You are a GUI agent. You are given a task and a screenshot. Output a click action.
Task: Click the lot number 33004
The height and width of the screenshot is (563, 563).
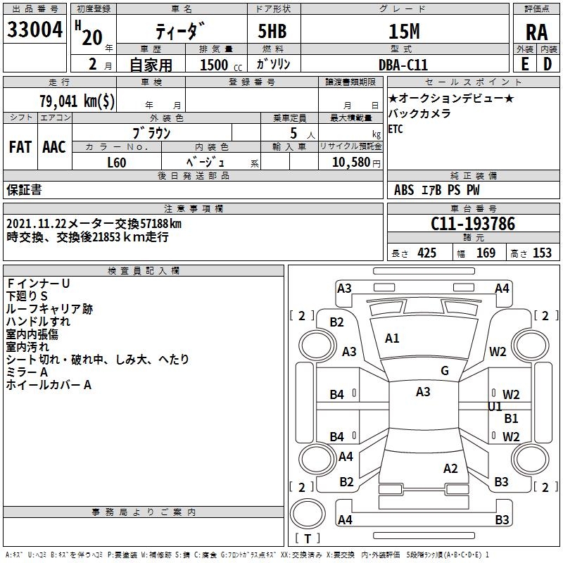[x=34, y=30]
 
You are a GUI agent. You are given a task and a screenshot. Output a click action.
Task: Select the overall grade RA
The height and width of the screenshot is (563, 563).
[x=536, y=32]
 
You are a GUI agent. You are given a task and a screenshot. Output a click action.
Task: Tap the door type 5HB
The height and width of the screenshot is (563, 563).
[x=272, y=31]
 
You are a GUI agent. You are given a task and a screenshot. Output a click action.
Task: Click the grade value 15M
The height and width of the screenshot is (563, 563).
[x=404, y=32]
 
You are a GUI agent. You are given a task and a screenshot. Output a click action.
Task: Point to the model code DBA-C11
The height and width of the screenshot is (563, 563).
[x=403, y=65]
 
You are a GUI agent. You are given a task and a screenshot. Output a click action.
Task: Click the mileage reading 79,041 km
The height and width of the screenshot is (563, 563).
[x=77, y=101]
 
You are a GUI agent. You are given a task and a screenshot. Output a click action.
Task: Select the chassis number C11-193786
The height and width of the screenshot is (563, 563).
[x=473, y=224]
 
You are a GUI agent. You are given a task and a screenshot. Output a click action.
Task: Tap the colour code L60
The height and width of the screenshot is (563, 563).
[x=117, y=163]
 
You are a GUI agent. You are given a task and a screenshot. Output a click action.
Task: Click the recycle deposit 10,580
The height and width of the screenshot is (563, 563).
[x=351, y=163]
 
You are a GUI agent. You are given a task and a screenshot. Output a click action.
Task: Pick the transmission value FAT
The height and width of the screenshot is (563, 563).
[x=20, y=147]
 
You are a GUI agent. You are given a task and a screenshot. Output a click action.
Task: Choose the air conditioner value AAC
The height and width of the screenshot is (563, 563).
[x=54, y=147]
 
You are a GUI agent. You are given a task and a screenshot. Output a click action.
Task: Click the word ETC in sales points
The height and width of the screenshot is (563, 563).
[x=396, y=129]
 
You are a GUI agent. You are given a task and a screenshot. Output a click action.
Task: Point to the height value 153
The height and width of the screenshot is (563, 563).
[x=542, y=253]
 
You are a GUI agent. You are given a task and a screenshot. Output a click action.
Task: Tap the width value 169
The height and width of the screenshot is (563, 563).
[x=486, y=253]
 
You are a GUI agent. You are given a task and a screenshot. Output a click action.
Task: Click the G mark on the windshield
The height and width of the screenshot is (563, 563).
[x=445, y=371]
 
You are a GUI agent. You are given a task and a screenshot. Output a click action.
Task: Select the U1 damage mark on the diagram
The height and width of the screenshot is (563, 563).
[x=495, y=407]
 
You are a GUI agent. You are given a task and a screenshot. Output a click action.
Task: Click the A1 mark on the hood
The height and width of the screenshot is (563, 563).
[x=392, y=339]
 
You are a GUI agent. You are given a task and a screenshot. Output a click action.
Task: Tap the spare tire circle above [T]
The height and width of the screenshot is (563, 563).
[x=308, y=514]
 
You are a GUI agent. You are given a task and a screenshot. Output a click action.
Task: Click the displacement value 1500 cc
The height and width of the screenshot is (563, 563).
[x=221, y=65]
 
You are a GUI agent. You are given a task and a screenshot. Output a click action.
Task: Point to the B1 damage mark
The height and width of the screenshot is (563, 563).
[x=511, y=418]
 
